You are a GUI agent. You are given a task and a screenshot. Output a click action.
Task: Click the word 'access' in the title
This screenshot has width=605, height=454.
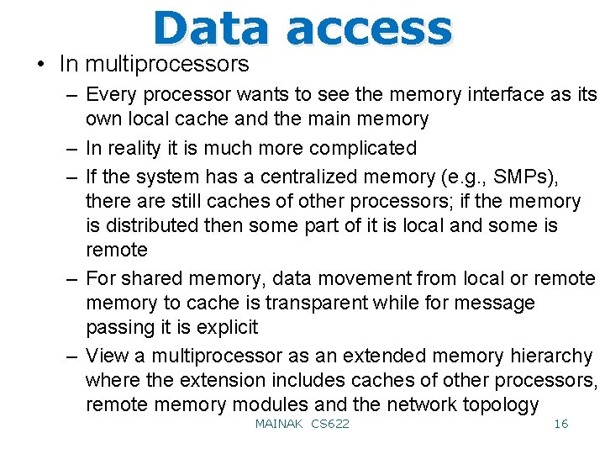(369, 29)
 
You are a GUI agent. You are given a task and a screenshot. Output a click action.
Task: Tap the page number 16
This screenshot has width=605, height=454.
(560, 424)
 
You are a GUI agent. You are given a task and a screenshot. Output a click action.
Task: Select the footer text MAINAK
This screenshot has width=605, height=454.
(278, 424)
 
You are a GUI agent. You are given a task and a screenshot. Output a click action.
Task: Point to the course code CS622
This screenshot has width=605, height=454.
(330, 424)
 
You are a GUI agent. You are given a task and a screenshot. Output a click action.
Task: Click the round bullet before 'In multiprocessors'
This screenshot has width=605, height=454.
(39, 65)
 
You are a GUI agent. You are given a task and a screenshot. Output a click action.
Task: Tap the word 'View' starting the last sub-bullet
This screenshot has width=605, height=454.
(108, 356)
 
